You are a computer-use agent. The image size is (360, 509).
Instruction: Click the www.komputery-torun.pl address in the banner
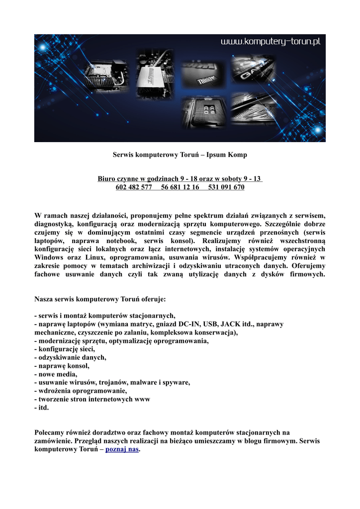click(271, 42)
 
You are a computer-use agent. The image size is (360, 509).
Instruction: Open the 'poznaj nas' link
click(122, 449)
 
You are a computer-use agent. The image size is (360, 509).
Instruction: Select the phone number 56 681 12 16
click(180, 187)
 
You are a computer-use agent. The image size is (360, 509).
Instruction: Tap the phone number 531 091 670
click(226, 187)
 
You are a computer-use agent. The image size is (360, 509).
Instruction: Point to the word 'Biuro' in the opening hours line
click(107, 179)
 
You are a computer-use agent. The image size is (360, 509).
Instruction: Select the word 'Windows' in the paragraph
click(50, 257)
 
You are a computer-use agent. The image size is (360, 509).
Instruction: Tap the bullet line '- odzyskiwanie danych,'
click(70, 357)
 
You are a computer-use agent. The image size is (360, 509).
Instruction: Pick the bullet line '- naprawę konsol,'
click(62, 366)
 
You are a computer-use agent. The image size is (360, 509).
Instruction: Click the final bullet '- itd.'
click(42, 408)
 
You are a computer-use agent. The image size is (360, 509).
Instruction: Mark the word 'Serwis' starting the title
click(123, 155)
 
